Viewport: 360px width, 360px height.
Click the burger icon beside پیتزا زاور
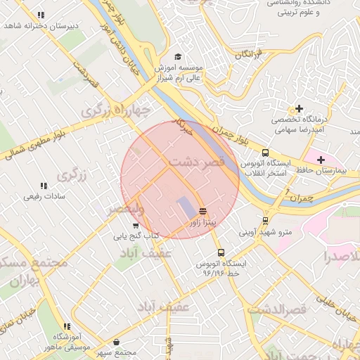202,211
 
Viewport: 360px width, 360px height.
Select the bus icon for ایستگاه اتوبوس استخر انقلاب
265,153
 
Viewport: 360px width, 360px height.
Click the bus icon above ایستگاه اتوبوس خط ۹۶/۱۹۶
221,252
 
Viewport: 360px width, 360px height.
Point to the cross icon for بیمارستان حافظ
321,160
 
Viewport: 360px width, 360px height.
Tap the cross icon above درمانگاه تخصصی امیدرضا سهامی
300,108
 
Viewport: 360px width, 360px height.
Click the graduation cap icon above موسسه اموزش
178,56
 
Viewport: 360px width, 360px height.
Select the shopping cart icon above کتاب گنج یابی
136,225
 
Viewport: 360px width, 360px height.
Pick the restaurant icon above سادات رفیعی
44,186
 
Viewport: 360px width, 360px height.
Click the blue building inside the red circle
184,207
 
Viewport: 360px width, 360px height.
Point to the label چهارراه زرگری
116,110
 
